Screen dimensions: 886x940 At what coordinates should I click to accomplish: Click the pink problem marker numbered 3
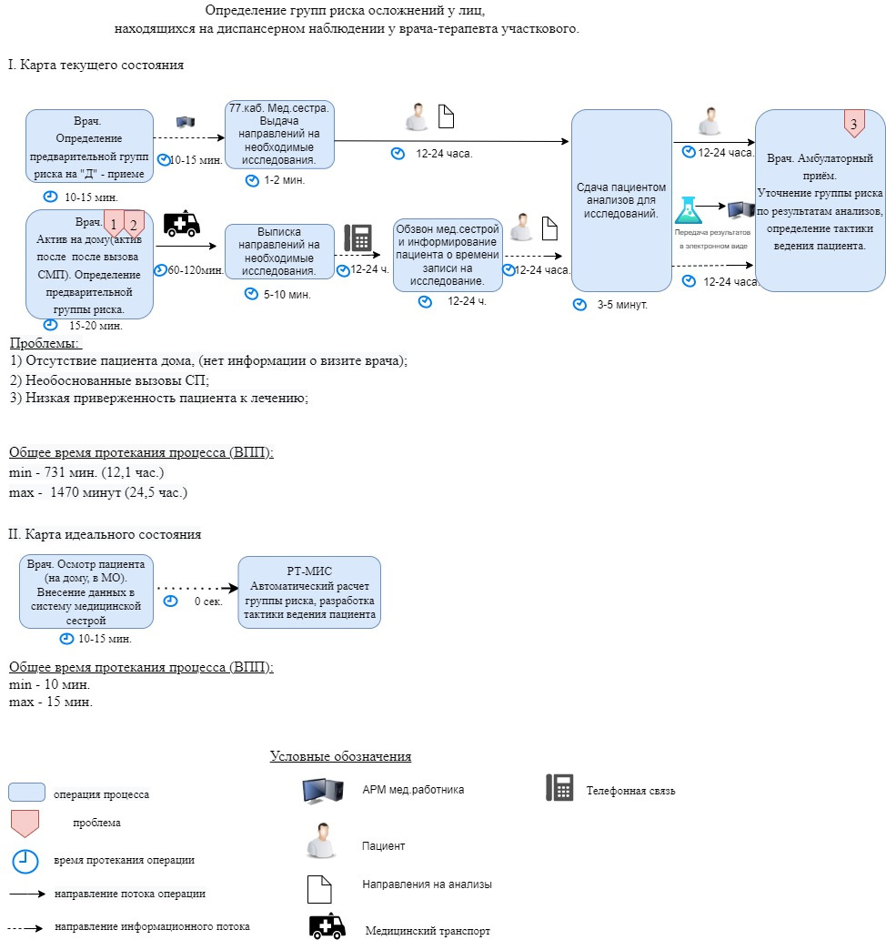point(854,123)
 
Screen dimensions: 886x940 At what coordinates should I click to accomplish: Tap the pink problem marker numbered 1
point(114,223)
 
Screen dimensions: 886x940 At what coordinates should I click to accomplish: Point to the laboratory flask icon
point(689,210)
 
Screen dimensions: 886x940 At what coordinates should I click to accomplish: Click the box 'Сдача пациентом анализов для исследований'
point(621,200)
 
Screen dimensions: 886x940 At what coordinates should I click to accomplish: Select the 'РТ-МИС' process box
point(309,592)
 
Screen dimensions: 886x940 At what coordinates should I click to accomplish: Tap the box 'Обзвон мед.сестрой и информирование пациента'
point(448,255)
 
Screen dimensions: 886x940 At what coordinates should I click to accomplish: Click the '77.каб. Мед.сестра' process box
point(279,135)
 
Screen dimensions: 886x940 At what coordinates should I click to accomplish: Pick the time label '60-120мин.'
point(196,270)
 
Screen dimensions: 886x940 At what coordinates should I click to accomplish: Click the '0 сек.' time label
point(208,601)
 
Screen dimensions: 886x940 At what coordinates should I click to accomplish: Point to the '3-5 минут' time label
point(622,305)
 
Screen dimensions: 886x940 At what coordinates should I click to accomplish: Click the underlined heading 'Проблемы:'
point(45,343)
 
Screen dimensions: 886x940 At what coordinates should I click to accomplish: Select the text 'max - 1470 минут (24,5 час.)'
point(98,492)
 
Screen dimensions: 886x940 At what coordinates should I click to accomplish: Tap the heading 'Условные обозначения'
point(340,756)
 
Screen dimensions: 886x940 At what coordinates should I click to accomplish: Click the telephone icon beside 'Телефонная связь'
point(559,787)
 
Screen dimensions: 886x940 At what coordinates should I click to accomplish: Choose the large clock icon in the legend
point(25,862)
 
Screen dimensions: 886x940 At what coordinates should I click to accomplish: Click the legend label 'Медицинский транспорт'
point(428,931)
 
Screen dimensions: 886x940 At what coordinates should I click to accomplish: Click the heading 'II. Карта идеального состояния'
point(105,534)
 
